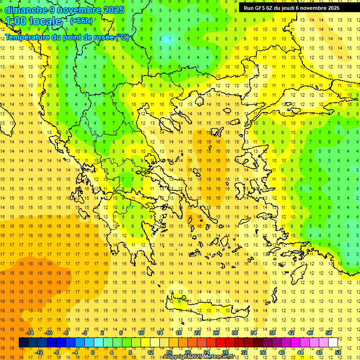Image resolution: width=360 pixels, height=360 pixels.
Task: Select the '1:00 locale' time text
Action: tap(34, 21)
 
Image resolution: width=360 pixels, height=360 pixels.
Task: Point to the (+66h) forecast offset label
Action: tap(81, 21)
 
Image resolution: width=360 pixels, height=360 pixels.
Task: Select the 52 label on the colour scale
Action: tap(338, 352)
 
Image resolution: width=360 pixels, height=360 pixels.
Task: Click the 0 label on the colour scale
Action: tap(93, 352)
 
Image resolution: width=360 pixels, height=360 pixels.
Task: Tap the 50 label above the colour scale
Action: tap(328, 333)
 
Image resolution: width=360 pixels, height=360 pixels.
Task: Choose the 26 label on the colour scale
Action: tap(216, 333)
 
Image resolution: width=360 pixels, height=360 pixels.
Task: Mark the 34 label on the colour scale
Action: tap(254, 333)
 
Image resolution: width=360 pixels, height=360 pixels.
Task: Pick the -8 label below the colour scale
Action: tap(56, 352)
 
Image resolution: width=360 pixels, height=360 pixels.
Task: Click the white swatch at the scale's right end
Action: tap(333, 343)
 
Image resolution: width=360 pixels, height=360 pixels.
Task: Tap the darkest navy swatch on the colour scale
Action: tap(23, 343)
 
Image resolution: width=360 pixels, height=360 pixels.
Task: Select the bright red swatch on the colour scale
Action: tap(220, 343)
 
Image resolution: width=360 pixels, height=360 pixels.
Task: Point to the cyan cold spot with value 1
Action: tap(165, 40)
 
